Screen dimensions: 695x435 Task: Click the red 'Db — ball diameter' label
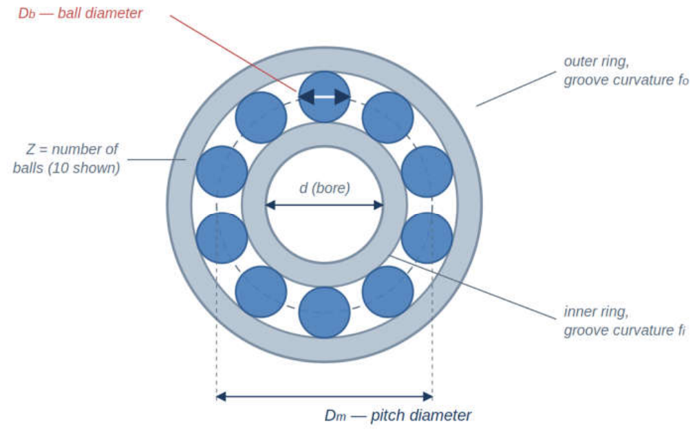(81, 13)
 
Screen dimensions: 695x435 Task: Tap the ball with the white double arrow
(325, 96)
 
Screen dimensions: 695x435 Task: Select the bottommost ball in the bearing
(325, 312)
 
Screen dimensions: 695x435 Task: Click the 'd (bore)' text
(325, 188)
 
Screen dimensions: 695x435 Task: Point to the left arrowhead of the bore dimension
(270, 205)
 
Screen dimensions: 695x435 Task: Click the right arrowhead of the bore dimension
(378, 205)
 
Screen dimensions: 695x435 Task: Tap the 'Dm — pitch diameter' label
(398, 416)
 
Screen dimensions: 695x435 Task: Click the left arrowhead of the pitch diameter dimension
(222, 396)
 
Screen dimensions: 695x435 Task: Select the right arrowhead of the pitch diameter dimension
(427, 396)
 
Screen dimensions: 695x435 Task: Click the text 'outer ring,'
(596, 61)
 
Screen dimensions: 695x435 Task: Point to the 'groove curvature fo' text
(625, 81)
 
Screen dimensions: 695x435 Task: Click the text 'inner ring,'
(596, 312)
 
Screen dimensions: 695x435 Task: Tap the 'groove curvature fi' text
(624, 331)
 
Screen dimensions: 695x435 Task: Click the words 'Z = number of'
(72, 149)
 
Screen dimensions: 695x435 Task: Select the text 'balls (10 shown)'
(67, 168)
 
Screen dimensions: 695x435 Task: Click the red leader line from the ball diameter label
(233, 54)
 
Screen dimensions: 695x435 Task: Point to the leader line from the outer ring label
(516, 89)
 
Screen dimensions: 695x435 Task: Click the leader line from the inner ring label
(473, 287)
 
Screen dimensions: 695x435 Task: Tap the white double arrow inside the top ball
(325, 96)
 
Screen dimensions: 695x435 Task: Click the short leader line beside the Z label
(156, 160)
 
